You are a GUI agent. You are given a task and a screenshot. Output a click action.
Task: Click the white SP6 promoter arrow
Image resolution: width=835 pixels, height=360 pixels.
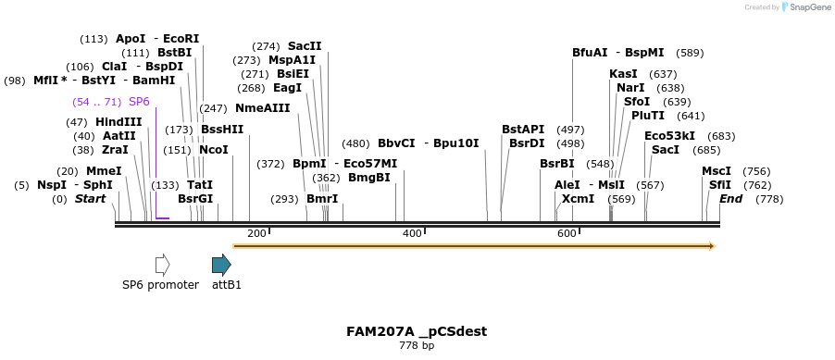click(x=162, y=265)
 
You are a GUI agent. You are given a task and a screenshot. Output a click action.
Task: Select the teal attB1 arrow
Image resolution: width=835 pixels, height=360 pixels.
click(x=221, y=265)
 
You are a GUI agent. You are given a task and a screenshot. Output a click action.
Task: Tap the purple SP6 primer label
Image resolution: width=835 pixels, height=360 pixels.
click(x=139, y=101)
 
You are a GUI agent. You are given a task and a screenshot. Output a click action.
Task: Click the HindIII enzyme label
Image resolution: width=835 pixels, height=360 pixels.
click(x=118, y=122)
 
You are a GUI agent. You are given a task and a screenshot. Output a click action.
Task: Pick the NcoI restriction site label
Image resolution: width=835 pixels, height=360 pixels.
click(x=214, y=150)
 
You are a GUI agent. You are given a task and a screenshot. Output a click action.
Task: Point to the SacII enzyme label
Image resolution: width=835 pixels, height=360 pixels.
click(x=305, y=45)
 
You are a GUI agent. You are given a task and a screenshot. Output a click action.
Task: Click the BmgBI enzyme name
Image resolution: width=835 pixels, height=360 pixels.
click(x=369, y=178)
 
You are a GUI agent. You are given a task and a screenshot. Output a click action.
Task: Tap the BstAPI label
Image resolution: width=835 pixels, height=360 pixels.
click(x=523, y=129)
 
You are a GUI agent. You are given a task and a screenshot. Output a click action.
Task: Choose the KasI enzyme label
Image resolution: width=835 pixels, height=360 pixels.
click(x=623, y=73)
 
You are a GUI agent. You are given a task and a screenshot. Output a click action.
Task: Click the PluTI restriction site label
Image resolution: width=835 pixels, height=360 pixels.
click(x=648, y=116)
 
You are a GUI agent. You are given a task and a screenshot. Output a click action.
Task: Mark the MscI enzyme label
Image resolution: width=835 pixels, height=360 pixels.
click(x=717, y=170)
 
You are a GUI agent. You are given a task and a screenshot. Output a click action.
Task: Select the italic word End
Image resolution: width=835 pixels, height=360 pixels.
click(x=730, y=199)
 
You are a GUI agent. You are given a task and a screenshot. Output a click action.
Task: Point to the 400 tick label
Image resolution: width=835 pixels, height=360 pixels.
click(x=412, y=233)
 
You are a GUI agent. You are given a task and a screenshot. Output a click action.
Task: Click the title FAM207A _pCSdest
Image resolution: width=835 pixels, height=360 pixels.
click(x=417, y=331)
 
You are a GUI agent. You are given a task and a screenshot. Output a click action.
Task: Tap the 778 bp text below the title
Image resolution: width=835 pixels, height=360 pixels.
click(x=417, y=346)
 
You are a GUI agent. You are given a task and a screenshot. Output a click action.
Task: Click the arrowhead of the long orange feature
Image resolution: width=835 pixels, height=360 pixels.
click(x=711, y=246)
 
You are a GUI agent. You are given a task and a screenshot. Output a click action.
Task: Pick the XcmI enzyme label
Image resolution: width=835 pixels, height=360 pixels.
click(x=578, y=199)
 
